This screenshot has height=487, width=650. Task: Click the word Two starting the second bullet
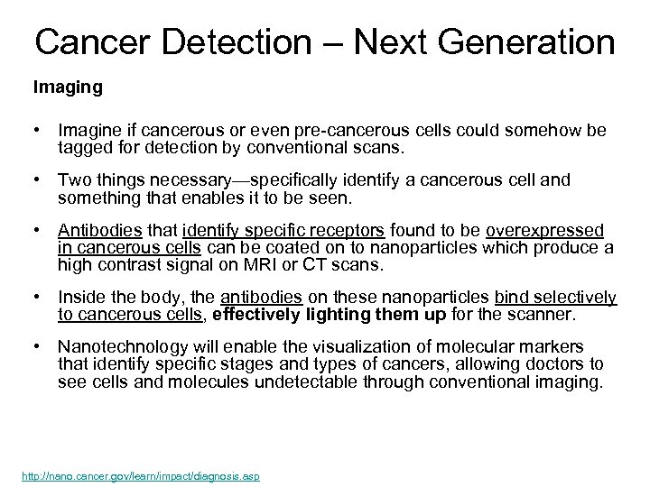click(x=73, y=179)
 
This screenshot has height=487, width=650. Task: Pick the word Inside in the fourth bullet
click(x=80, y=297)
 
